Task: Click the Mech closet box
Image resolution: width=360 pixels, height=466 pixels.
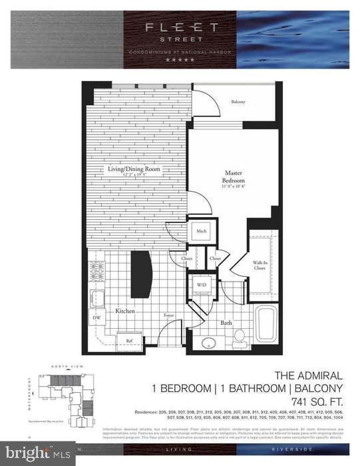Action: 201,231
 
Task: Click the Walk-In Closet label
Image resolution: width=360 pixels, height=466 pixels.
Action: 261,267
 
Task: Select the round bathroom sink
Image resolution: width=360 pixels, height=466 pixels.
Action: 209,344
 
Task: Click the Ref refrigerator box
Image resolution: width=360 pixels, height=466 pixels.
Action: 130,342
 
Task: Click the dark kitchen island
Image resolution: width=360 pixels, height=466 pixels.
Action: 141,274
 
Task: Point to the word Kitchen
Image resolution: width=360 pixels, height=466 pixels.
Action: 126,311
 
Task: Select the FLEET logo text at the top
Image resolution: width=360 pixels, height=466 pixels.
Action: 180,27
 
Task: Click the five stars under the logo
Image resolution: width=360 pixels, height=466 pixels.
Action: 180,60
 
